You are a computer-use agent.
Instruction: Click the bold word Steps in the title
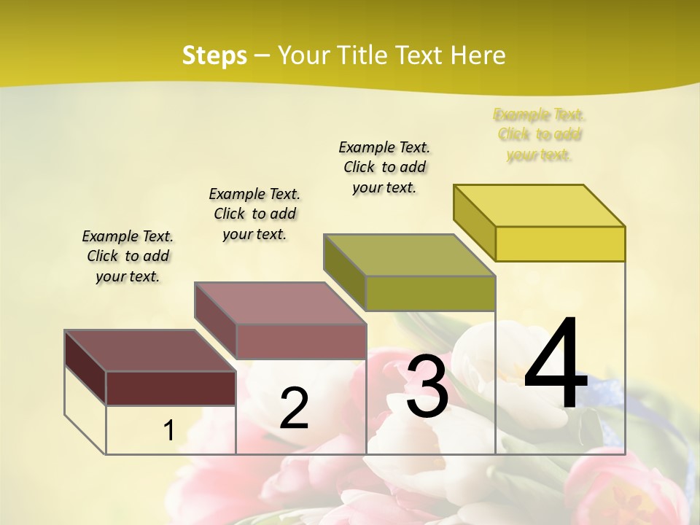214,55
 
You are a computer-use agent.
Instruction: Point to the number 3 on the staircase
427,386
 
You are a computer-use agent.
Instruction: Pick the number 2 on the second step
294,409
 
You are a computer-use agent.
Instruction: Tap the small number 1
168,430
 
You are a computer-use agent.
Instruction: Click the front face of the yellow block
560,244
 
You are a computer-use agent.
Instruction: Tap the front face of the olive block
430,293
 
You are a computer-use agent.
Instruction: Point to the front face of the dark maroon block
171,388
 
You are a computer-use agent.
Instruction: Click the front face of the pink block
300,341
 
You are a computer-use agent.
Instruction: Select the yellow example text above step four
539,134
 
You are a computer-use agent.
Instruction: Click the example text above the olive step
384,167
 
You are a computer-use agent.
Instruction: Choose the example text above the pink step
254,214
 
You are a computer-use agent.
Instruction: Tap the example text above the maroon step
128,256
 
